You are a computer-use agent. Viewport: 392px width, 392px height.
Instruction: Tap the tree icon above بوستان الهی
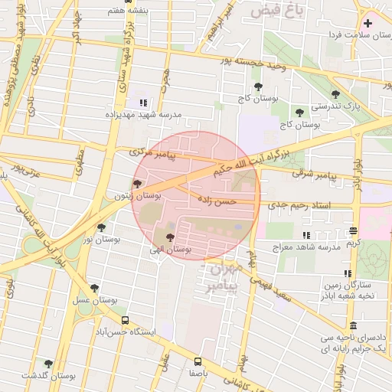pyautogui.click(x=170, y=237)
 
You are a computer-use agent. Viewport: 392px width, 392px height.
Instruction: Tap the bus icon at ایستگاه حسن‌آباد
pyautogui.click(x=125, y=321)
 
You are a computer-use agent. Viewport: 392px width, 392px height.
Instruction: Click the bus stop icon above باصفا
pyautogui.click(x=198, y=361)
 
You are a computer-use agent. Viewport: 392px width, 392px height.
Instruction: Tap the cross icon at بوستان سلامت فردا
pyautogui.click(x=369, y=23)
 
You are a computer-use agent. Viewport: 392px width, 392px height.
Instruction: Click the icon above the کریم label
pyautogui.click(x=353, y=230)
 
